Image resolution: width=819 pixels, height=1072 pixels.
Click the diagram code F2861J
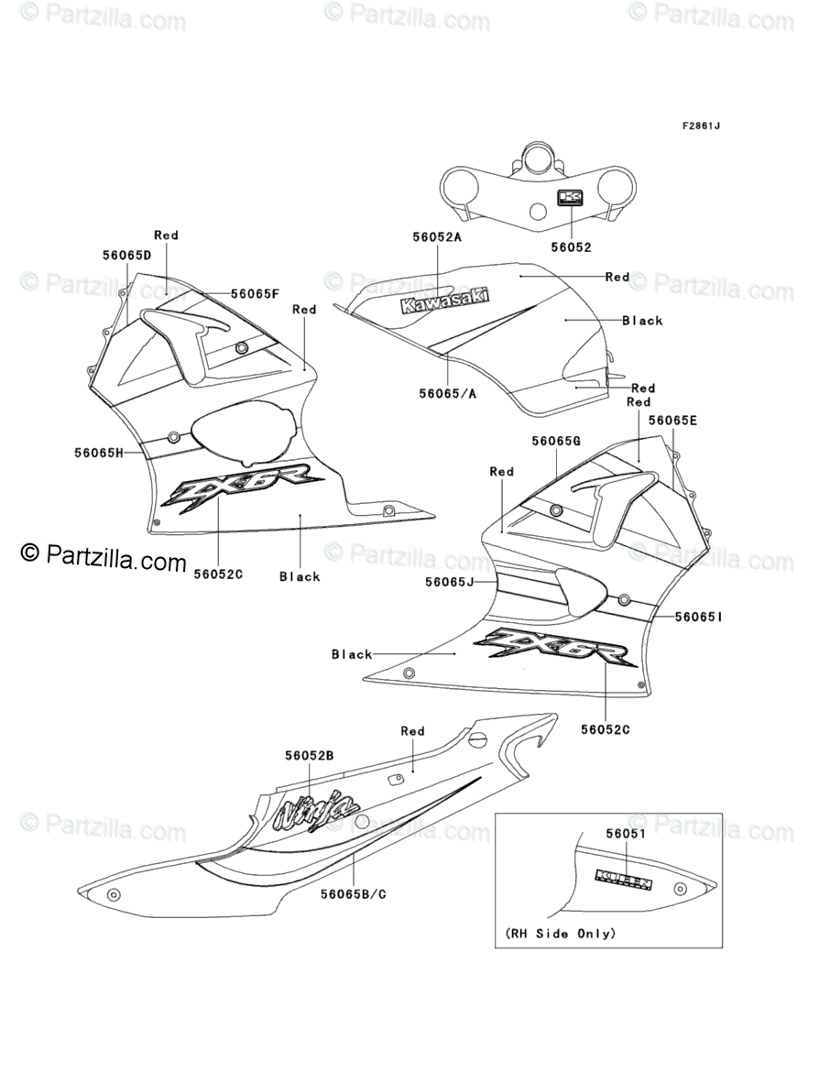tap(700, 126)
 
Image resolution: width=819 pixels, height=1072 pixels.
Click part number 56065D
tap(126, 255)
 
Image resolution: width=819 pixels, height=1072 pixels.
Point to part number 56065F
tap(255, 294)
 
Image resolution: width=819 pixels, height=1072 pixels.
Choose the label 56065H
tap(99, 452)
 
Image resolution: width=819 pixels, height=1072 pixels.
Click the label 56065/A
tap(449, 393)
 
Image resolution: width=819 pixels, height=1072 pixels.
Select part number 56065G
tap(556, 441)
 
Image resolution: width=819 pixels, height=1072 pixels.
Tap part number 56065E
tap(672, 421)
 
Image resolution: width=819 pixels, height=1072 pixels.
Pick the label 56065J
tap(449, 582)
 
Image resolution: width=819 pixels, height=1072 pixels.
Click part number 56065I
tap(699, 618)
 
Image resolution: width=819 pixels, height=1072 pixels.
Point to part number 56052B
tap(309, 755)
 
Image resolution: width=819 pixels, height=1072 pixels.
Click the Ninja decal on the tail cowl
tap(318, 811)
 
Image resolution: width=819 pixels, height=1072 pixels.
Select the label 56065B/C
tap(354, 892)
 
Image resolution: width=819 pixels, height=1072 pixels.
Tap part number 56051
tap(625, 834)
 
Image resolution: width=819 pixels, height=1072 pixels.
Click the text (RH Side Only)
tap(561, 934)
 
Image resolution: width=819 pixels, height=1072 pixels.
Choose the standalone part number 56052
tap(571, 247)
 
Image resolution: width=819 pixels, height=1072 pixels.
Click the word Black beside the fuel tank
tap(642, 321)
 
